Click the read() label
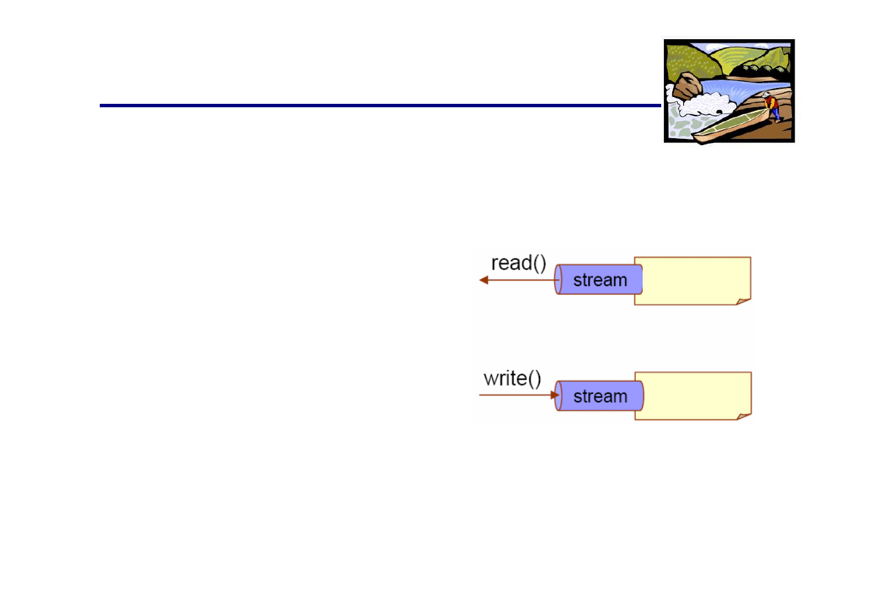(x=518, y=263)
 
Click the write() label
(x=513, y=379)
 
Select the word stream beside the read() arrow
(x=600, y=281)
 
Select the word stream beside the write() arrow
(x=600, y=396)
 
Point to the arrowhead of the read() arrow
(x=484, y=280)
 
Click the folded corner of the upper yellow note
(x=743, y=300)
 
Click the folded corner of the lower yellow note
(x=743, y=416)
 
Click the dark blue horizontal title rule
(x=378, y=106)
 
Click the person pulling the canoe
(x=772, y=107)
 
